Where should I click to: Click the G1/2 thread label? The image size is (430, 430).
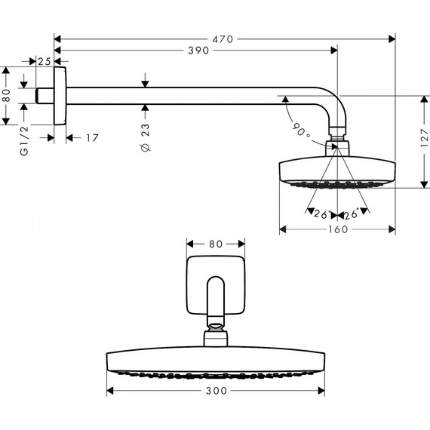coord(25,142)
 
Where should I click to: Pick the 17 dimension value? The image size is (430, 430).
coord(91,137)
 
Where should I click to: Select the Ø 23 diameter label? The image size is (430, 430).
coord(146,140)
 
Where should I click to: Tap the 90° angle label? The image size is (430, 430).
coord(299,129)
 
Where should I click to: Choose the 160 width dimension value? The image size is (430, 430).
coord(338,229)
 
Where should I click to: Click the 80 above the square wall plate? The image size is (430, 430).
coord(215,244)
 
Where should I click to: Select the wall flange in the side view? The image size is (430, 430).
coord(61,97)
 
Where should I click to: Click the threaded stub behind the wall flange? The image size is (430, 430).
coord(47,97)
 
